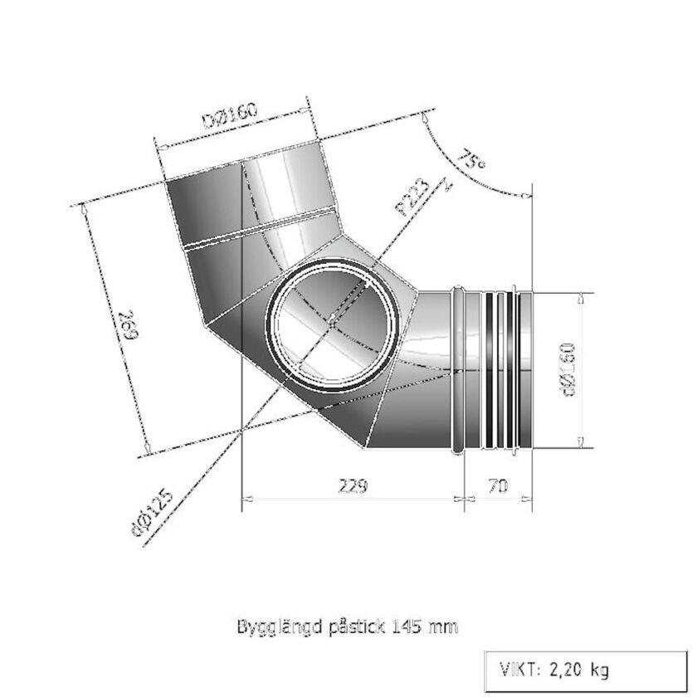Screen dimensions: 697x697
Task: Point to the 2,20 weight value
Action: [564, 669]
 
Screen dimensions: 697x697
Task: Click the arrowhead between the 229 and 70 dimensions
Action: [462, 499]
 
